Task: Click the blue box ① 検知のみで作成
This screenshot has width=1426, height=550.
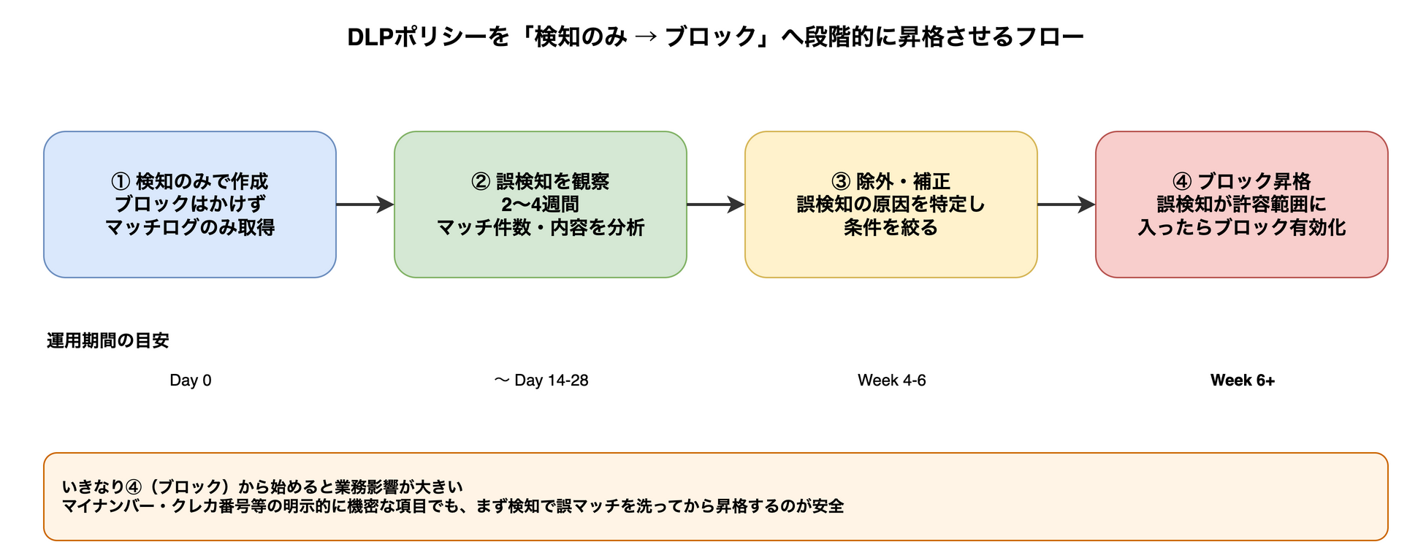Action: (190, 205)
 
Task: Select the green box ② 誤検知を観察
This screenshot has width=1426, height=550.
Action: (541, 205)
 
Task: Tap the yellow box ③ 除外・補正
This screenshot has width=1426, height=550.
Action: (891, 205)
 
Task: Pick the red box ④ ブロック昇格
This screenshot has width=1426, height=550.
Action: (1242, 205)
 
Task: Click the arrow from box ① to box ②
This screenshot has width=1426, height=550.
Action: (365, 205)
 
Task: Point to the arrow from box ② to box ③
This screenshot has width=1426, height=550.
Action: (715, 205)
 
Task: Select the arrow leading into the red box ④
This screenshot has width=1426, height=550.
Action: (1066, 205)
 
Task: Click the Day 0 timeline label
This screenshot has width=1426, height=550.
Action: (190, 381)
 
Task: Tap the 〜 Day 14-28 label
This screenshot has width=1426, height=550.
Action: (541, 381)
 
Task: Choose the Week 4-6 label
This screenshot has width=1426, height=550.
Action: (891, 381)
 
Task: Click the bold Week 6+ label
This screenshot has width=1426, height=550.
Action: (1242, 381)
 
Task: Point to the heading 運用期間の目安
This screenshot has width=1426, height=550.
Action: (108, 341)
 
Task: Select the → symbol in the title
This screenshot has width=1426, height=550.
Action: (646, 37)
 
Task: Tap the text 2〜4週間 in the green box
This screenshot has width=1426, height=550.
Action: (540, 205)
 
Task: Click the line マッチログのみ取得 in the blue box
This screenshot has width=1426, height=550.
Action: (190, 228)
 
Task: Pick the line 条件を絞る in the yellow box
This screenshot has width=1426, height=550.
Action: (891, 228)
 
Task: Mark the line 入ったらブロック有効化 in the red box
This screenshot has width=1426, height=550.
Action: (1242, 228)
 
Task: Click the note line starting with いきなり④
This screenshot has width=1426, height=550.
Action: (263, 487)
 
